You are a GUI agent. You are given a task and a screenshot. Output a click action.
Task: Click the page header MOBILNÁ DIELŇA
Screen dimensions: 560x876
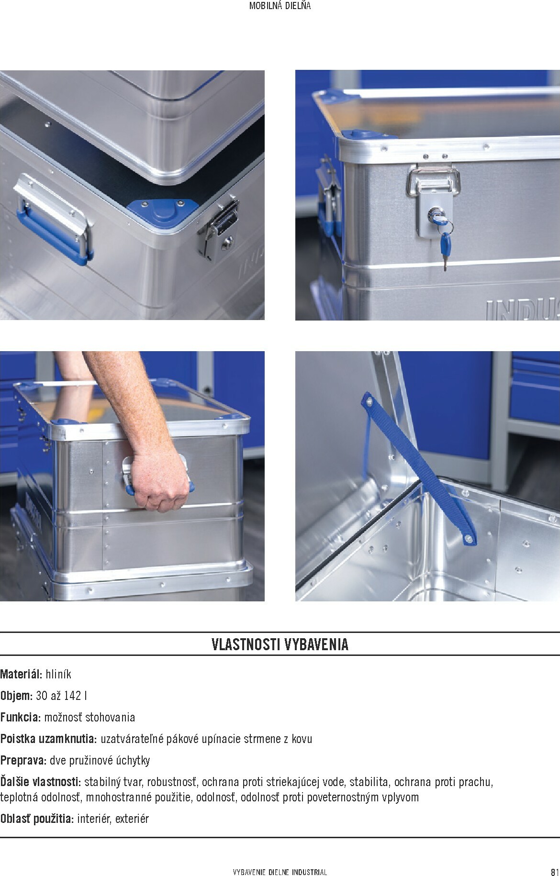280,6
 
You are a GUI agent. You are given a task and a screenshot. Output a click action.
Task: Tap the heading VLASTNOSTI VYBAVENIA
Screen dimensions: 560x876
280,644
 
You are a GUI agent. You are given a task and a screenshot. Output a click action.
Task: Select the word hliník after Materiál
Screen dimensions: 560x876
58,674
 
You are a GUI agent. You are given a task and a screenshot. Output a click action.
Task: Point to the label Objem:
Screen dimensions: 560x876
17,696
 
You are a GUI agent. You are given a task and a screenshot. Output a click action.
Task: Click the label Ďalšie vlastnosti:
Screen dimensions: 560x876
41,782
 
